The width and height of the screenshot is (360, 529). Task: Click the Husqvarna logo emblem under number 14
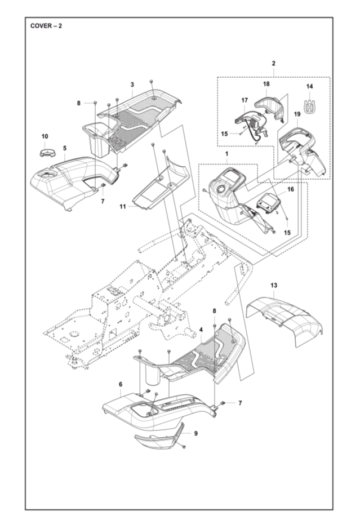[309, 105]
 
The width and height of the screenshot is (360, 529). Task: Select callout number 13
[274, 286]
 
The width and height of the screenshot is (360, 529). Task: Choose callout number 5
[65, 148]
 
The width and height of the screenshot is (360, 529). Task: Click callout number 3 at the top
[132, 85]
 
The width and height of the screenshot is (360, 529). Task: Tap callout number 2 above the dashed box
[273, 64]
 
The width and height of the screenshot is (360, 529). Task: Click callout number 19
[297, 114]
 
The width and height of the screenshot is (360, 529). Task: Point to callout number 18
[266, 83]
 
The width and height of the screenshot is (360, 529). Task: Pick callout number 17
[245, 100]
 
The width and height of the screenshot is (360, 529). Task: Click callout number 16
[291, 190]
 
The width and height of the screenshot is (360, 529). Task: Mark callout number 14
[309, 86]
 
